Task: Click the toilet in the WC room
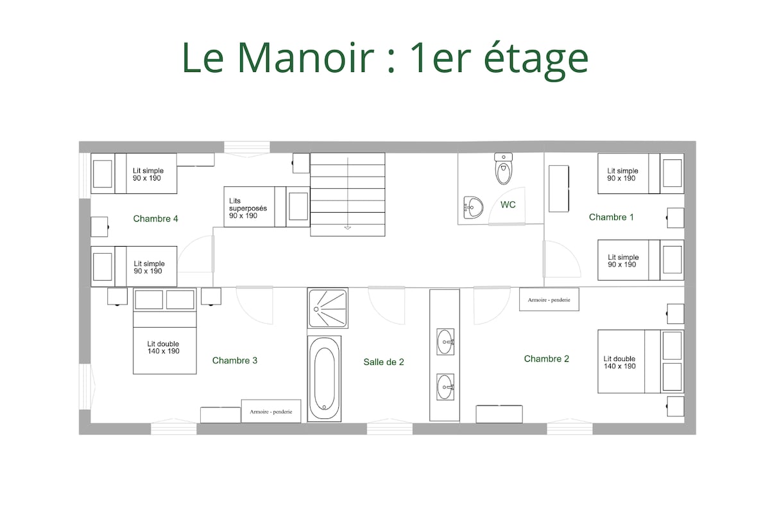(503, 169)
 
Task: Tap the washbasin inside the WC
(473, 208)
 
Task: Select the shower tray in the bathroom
(328, 308)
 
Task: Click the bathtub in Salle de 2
(324, 378)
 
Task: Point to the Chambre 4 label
(155, 218)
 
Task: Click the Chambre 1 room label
(611, 217)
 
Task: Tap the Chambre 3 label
(234, 360)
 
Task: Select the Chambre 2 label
(546, 359)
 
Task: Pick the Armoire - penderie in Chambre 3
(271, 411)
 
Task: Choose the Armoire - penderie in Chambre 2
(549, 299)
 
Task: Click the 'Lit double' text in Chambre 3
(163, 344)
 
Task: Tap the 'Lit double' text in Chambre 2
(619, 359)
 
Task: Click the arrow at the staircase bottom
(348, 227)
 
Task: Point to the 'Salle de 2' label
(384, 362)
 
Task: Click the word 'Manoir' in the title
(305, 57)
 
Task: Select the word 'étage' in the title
(536, 60)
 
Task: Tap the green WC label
(508, 205)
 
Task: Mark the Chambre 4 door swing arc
(187, 247)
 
